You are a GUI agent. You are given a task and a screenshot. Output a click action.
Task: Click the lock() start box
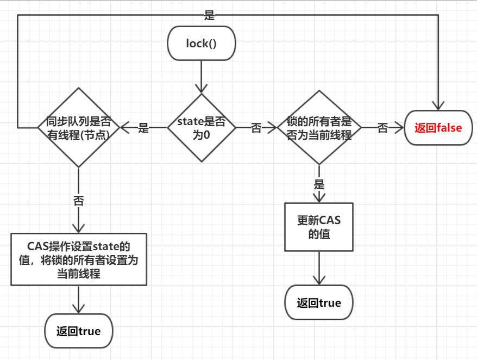[x=201, y=43]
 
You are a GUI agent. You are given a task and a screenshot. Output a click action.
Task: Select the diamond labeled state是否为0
[x=201, y=128]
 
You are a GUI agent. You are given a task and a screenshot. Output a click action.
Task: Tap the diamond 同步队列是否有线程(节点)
[x=79, y=128]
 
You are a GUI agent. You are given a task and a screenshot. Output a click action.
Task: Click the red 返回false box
[x=438, y=128]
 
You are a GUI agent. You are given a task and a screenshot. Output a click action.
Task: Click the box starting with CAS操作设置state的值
[x=79, y=259]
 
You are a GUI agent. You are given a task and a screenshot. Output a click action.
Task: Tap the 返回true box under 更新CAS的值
[x=319, y=303]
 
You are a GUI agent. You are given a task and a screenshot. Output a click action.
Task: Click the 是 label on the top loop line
[x=209, y=15]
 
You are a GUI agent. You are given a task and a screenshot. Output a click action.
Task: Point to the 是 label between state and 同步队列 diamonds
[x=143, y=128]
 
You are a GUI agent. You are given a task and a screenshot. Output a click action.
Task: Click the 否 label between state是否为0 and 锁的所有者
[x=256, y=128]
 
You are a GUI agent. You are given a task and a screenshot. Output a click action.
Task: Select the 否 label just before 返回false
[x=382, y=128]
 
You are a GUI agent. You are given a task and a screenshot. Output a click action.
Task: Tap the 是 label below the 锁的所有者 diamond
[x=319, y=184]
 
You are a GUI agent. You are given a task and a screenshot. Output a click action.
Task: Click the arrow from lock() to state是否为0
[x=201, y=76]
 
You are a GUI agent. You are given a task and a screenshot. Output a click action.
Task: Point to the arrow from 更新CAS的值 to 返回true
[x=319, y=269]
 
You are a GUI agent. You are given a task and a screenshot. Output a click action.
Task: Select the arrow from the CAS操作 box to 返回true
[x=79, y=299]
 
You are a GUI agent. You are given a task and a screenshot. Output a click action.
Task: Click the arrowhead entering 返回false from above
[x=438, y=106]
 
